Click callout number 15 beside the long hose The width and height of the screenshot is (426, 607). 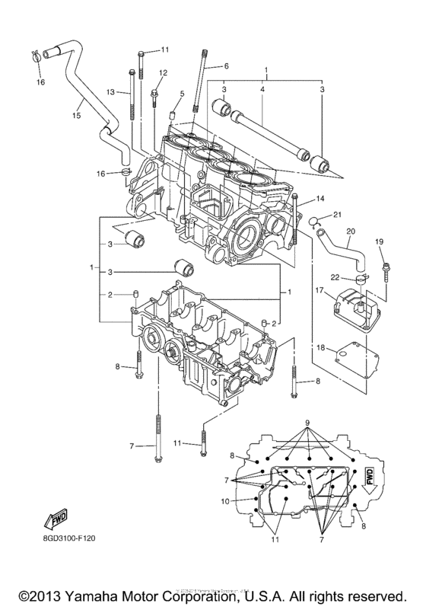tap(75, 116)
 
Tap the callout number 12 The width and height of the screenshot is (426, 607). tap(162, 72)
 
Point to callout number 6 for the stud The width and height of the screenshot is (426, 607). tap(226, 66)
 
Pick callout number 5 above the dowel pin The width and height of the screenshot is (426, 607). tap(181, 94)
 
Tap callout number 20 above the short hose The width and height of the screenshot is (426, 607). tap(349, 232)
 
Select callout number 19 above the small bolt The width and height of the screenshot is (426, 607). tap(379, 241)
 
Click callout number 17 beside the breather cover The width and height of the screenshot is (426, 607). tap(321, 290)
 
